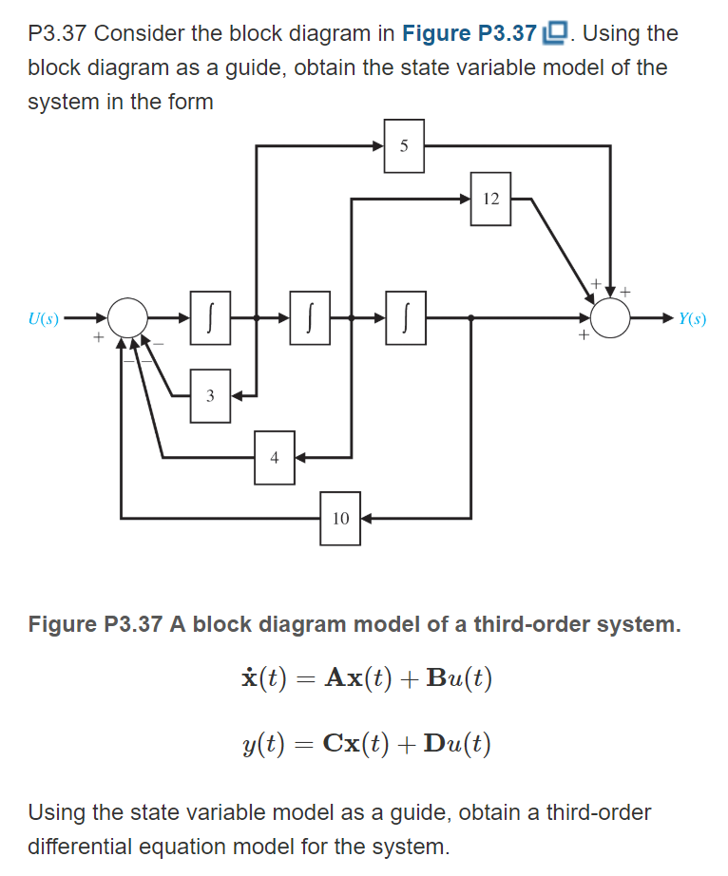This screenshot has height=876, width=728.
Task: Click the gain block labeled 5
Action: (404, 146)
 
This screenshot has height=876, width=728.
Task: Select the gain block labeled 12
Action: (490, 199)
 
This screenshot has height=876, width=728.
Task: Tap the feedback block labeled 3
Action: (210, 395)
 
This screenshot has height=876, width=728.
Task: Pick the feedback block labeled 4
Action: (274, 457)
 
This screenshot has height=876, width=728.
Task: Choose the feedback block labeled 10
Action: (340, 518)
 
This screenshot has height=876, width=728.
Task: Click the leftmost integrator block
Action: (210, 319)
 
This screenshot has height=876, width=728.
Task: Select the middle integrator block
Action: (310, 319)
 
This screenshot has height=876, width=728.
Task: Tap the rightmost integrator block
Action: (404, 319)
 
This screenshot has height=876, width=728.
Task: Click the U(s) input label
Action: (43, 319)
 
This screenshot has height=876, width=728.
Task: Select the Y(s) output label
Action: (691, 319)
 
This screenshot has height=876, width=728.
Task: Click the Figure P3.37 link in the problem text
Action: (469, 33)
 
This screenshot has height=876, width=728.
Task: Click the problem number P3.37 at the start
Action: (57, 33)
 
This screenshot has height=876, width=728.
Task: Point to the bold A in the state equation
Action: (335, 678)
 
